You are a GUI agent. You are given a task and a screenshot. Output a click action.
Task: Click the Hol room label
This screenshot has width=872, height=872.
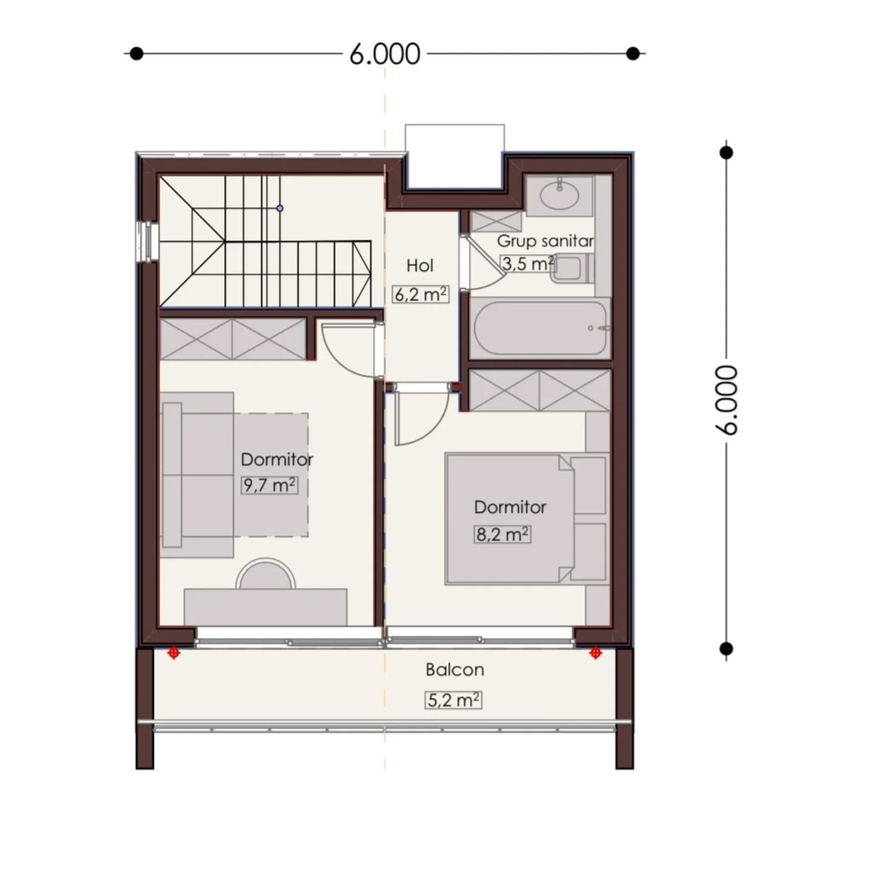(420, 266)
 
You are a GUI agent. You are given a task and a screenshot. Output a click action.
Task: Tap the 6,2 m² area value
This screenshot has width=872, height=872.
(420, 294)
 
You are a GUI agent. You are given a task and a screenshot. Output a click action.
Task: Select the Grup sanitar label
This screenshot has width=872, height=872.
(545, 241)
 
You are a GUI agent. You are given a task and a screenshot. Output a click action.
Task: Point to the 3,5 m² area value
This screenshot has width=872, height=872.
(528, 263)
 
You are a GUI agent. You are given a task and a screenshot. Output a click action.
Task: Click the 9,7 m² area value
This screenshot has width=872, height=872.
(269, 486)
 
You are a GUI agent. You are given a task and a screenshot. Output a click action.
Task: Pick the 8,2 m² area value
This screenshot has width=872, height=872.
(502, 535)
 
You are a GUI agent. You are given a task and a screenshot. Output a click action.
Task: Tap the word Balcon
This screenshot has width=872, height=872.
(455, 670)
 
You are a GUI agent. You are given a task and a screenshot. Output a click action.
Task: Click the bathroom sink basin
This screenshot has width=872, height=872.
(560, 194)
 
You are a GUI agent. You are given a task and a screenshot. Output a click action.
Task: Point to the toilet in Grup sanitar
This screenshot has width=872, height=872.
(572, 268)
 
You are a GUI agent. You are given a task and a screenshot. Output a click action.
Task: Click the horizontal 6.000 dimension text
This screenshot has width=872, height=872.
(385, 54)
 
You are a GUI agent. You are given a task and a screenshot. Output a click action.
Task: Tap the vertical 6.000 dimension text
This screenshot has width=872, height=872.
(727, 400)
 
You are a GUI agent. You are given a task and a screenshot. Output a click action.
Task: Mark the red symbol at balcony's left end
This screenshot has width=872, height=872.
(174, 653)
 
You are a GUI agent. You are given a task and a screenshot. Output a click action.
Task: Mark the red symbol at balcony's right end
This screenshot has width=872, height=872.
(595, 653)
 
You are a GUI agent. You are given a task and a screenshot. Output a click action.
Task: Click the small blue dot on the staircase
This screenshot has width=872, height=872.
(280, 208)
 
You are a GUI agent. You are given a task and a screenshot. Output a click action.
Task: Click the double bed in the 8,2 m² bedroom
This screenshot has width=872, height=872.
(510, 518)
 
